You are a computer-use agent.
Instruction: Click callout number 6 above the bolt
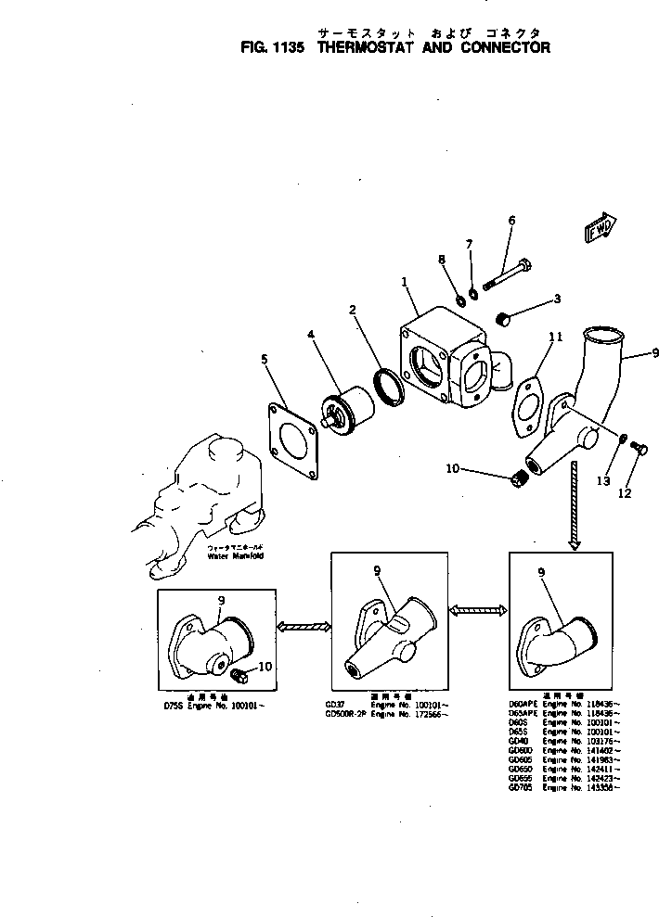click(x=511, y=220)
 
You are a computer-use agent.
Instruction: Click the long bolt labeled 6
click(x=509, y=271)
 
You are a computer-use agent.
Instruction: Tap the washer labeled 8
click(x=460, y=299)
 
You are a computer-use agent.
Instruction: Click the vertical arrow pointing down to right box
click(x=575, y=506)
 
